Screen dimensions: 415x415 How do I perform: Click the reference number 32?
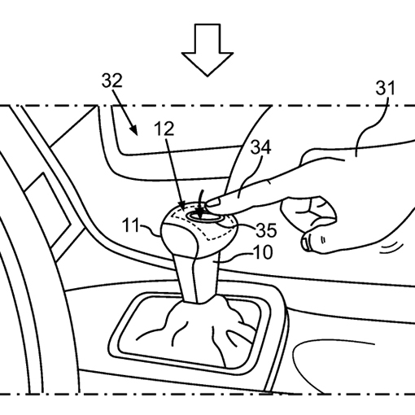pos(112,81)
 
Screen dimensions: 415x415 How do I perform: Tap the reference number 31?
pos(385,88)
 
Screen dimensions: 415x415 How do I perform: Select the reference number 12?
pos(164,129)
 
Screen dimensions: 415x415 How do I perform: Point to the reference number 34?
pos(260,147)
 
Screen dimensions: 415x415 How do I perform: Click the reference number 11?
pos(130,225)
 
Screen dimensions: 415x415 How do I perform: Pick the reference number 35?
pos(266,230)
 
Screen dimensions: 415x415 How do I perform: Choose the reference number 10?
pos(263,252)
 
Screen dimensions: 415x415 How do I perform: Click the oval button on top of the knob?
pos(204,216)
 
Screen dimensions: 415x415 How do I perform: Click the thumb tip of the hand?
pos(307,242)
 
